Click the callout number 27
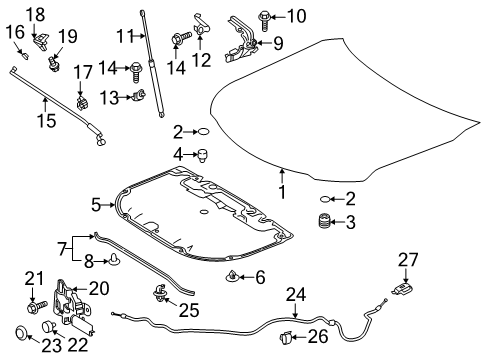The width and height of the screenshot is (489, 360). click(x=408, y=260)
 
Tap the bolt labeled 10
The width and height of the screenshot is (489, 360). click(x=265, y=21)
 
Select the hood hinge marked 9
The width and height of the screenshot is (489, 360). click(x=242, y=40)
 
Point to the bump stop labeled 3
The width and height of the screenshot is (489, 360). click(x=323, y=221)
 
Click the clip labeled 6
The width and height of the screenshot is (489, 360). click(x=231, y=276)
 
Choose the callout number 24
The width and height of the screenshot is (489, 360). click(x=296, y=295)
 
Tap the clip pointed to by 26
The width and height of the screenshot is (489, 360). click(x=287, y=337)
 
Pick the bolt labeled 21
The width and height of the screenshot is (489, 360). click(x=37, y=306)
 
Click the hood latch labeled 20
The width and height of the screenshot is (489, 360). click(x=72, y=307)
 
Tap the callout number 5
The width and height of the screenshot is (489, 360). click(x=96, y=205)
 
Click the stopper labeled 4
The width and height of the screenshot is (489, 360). click(x=203, y=155)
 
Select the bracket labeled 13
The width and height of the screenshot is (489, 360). click(x=139, y=95)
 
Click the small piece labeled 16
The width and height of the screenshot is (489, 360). click(x=24, y=54)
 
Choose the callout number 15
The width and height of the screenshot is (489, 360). click(x=46, y=121)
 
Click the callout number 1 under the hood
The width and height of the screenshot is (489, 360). click(x=282, y=192)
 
